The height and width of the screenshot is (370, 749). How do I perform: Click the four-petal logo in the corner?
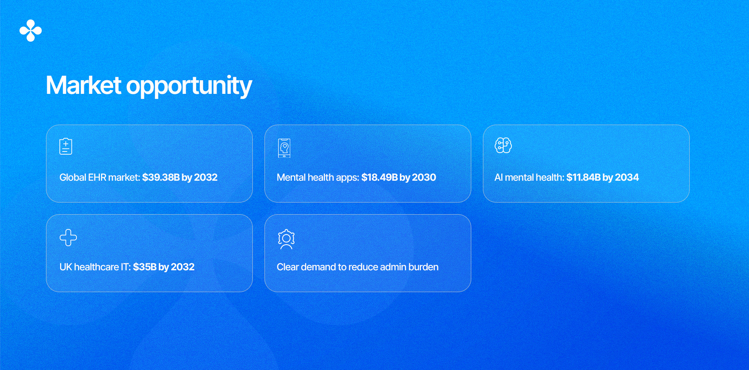(x=30, y=30)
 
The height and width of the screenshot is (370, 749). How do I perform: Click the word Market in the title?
(x=83, y=85)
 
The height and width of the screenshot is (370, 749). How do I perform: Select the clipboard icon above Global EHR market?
(x=66, y=146)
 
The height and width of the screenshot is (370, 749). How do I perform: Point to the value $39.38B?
(x=161, y=178)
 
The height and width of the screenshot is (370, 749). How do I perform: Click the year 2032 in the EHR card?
(x=206, y=178)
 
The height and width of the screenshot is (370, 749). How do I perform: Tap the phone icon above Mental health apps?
(x=284, y=148)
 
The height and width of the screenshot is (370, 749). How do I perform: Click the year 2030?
(x=424, y=178)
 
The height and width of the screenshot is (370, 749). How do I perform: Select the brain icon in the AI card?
(x=503, y=146)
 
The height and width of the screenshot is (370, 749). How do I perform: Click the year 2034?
(x=627, y=178)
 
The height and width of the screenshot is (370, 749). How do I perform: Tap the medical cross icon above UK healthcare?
(x=68, y=238)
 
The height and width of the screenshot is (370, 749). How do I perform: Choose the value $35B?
(x=145, y=267)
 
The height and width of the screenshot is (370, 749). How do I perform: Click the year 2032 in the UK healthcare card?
(x=183, y=267)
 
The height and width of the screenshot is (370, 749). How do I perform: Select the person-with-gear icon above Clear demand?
(x=286, y=239)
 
